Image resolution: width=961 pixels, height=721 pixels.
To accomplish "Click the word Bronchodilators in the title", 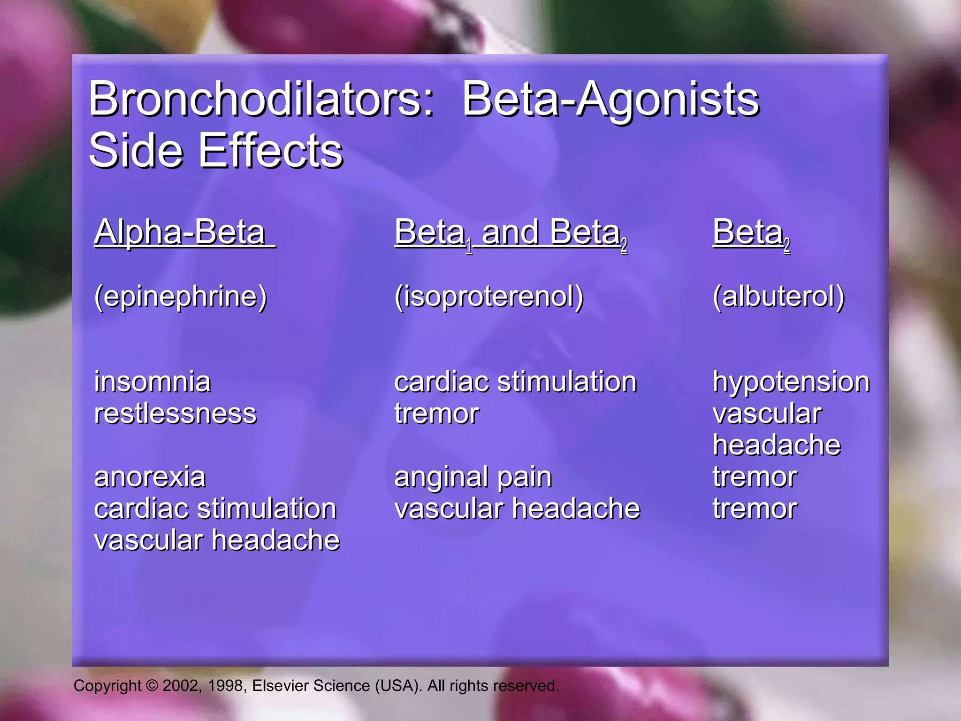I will pos(261,99).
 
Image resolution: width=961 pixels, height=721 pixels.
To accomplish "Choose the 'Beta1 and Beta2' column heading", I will pos(511,233).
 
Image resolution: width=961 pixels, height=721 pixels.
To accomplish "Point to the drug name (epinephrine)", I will pos(181,297).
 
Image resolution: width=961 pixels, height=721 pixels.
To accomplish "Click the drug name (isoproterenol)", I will pos(489,297).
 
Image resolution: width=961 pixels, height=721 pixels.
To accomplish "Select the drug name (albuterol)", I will pos(778,297).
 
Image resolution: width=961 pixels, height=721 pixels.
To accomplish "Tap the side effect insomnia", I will pos(153,382).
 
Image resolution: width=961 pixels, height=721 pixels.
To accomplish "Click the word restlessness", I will pos(175,414).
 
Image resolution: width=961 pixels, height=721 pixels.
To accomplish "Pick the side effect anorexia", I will pos(150,477).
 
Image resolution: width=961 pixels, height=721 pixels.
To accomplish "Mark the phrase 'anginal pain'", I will pos(473,478).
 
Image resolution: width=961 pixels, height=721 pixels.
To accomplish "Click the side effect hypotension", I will pos(791,382).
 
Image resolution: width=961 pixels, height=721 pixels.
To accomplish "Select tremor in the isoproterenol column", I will pos(436,414).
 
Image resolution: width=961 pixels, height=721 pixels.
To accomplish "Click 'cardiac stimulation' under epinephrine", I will pos(215,509).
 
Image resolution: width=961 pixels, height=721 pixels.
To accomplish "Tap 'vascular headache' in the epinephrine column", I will pos(217,540).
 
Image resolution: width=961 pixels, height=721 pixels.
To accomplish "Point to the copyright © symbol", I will pos(152,686).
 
